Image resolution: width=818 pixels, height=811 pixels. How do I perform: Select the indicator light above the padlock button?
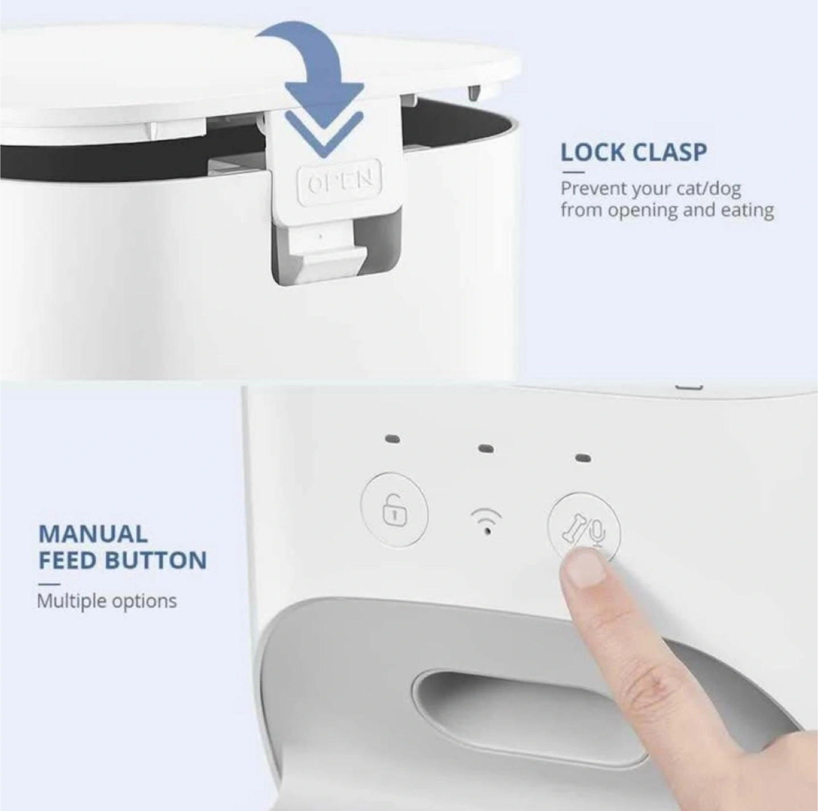point(393,438)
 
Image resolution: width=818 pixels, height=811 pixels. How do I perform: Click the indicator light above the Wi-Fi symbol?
point(486,449)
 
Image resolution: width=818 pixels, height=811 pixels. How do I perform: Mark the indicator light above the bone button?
point(584,458)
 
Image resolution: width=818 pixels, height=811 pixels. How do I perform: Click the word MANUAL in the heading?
point(93,534)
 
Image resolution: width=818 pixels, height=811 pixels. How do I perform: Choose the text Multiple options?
point(107,601)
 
